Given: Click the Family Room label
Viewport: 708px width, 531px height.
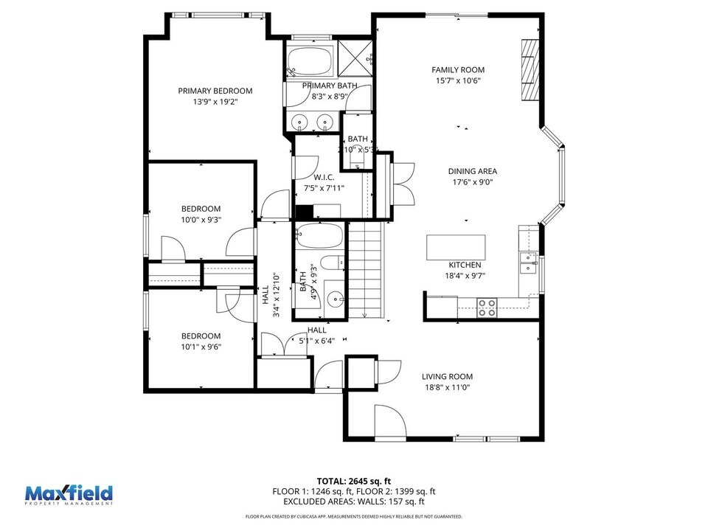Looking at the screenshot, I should pyautogui.click(x=457, y=70).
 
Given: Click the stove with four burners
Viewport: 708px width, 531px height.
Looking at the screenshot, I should pyautogui.click(x=486, y=307).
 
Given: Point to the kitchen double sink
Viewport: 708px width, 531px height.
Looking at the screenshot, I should pyautogui.click(x=527, y=262).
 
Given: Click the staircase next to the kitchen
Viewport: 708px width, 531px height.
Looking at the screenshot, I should pyautogui.click(x=366, y=269).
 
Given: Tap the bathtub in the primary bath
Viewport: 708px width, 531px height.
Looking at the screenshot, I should pyautogui.click(x=310, y=61).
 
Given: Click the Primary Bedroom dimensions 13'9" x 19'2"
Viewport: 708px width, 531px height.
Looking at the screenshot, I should pyautogui.click(x=215, y=102).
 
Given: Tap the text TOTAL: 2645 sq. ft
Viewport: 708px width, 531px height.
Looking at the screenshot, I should pyautogui.click(x=354, y=480).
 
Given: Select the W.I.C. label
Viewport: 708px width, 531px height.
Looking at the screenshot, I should pyautogui.click(x=324, y=177).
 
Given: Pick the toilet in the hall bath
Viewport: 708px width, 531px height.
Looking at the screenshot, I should pyautogui.click(x=333, y=262).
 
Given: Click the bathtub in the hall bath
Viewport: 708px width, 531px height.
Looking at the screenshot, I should pyautogui.click(x=319, y=237).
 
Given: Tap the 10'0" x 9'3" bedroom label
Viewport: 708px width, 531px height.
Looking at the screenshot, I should pyautogui.click(x=201, y=219).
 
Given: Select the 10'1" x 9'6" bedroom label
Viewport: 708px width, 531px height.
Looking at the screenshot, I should pyautogui.click(x=201, y=347).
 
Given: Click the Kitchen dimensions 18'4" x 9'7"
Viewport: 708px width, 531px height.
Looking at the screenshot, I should pyautogui.click(x=465, y=276).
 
